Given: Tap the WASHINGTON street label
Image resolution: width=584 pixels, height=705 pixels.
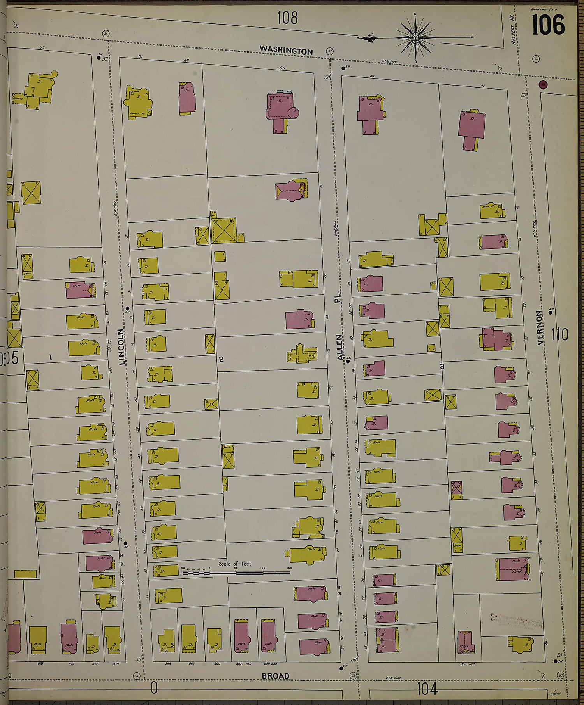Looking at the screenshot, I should [286, 51].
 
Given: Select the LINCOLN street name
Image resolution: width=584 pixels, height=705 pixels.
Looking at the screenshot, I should [121, 346].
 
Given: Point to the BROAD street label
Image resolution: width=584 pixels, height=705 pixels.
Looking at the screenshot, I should [276, 676].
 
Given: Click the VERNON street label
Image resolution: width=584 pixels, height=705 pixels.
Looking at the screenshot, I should [540, 327].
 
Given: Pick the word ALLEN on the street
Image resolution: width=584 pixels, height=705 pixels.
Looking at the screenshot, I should [340, 347].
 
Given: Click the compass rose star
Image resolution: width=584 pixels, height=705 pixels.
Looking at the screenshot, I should [415, 38].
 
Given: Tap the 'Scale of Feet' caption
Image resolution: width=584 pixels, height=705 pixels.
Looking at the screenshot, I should [235, 563].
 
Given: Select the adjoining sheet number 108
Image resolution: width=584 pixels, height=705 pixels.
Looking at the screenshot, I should [287, 18].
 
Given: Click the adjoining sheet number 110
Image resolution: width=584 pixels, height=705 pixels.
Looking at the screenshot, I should [559, 334].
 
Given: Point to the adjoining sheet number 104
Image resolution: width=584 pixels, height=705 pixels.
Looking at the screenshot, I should [427, 689].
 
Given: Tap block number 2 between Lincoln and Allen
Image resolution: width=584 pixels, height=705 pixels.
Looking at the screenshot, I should [221, 359].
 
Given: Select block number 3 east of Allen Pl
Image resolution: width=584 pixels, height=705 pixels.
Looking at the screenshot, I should [442, 366].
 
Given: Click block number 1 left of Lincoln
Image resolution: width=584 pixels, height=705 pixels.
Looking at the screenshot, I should [51, 356].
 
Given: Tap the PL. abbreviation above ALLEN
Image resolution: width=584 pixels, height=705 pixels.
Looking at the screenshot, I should [337, 299].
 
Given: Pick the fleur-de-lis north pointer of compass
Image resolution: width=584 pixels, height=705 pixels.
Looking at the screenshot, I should [366, 39].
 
